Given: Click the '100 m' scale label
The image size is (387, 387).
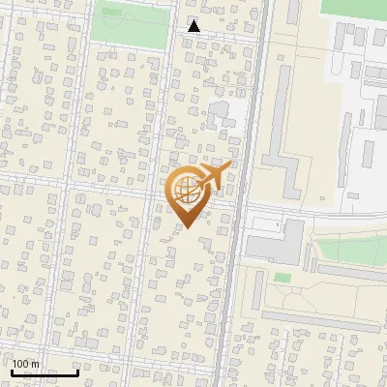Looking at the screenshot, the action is [25, 364].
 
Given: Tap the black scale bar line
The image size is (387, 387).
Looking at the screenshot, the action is [45, 372].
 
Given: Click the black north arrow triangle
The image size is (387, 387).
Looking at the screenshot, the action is [194, 27].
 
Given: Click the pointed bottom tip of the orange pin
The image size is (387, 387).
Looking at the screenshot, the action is [187, 227].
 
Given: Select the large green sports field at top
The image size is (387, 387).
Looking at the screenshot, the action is [131, 24].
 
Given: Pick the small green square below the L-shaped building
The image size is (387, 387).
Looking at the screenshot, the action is [283, 278].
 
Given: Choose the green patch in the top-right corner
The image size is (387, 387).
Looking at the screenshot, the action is [353, 8].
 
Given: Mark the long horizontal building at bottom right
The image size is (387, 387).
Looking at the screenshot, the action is [319, 316].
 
